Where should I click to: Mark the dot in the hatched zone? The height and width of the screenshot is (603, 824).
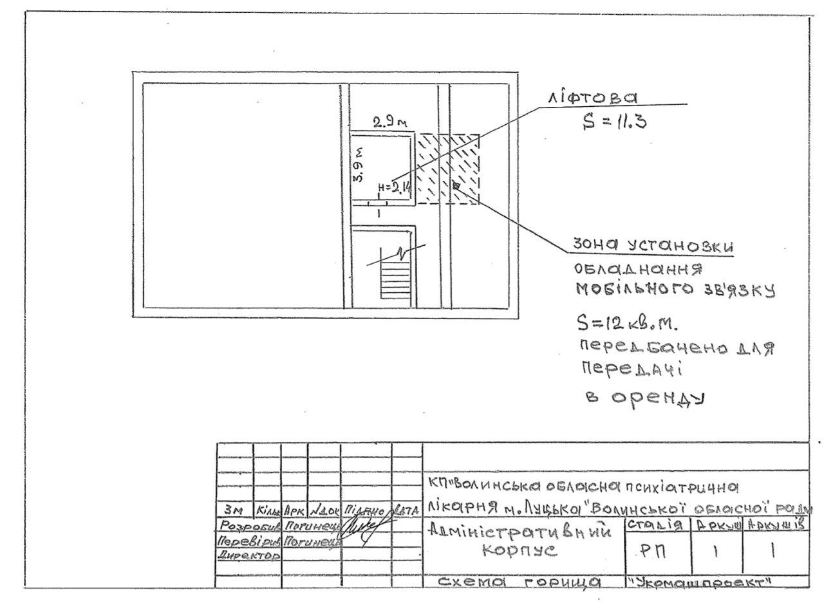(456, 185)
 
